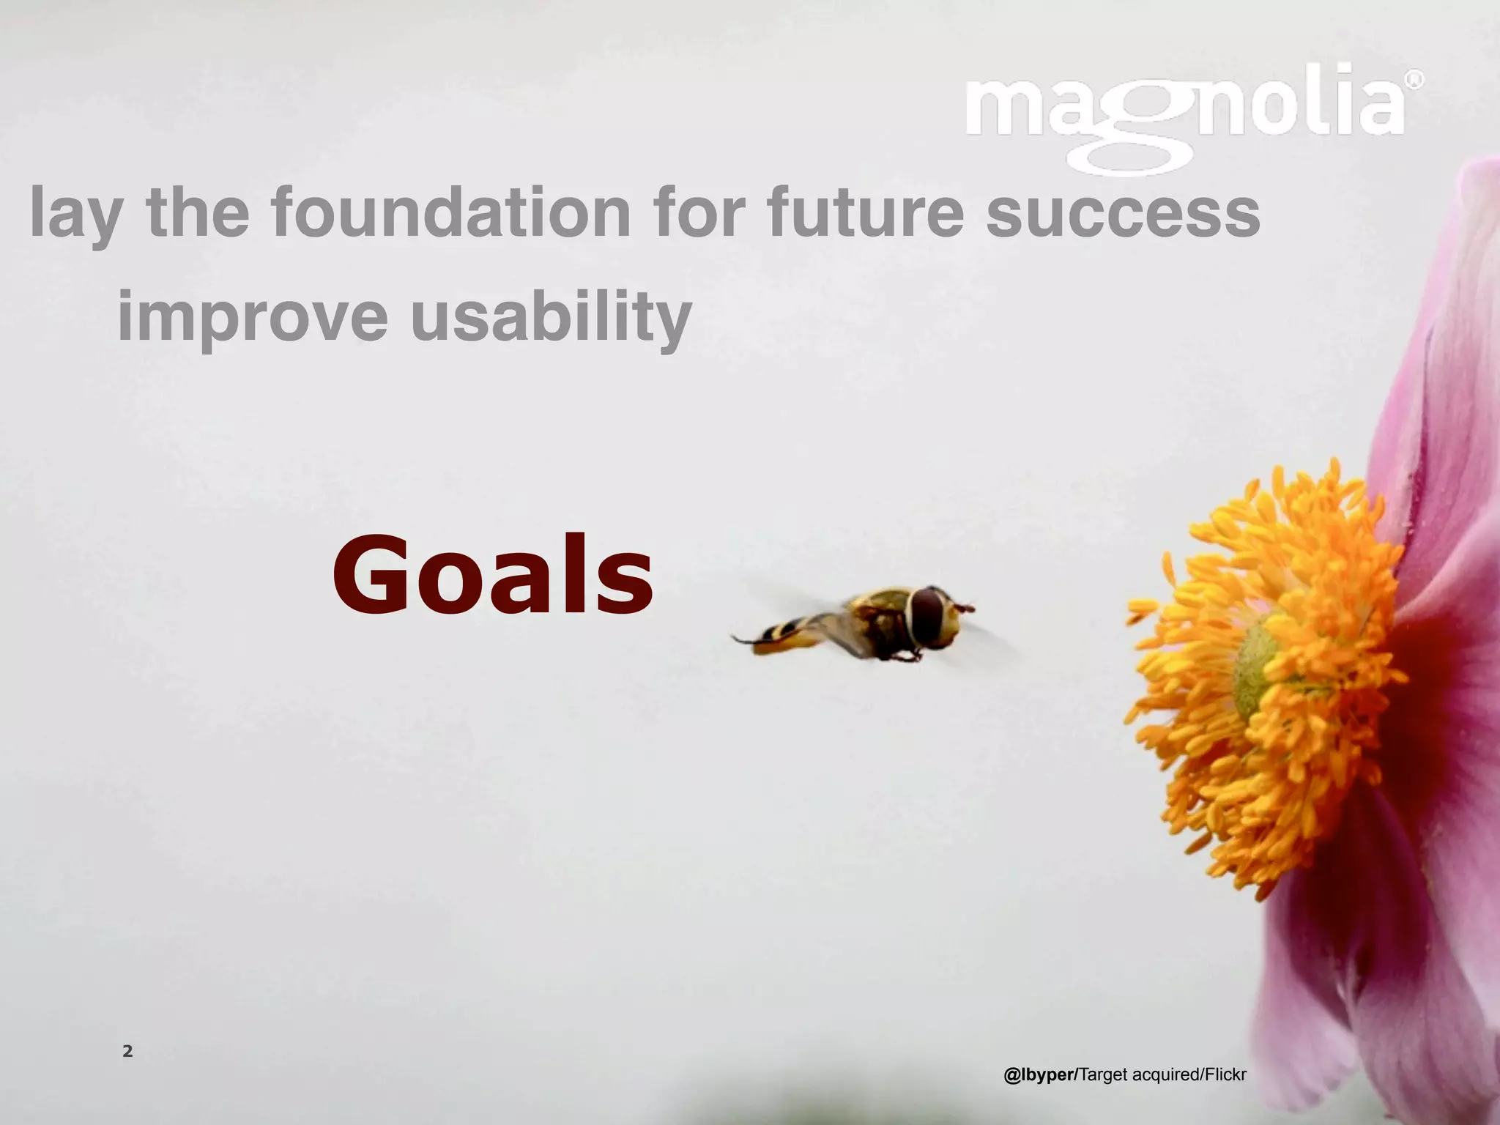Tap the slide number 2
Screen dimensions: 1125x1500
click(127, 1052)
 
